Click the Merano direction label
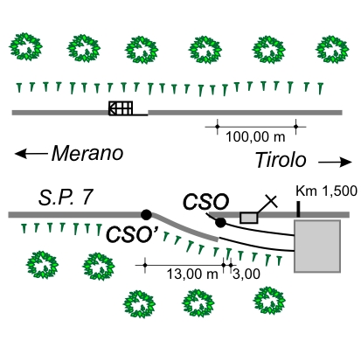click(87, 153)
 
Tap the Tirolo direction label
click(281, 160)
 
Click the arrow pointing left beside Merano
click(31, 153)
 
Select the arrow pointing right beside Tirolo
click(335, 163)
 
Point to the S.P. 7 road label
click(66, 198)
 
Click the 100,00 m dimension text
click(255, 137)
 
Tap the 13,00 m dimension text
click(192, 274)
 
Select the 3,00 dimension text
click(246, 274)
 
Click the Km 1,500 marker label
click(326, 191)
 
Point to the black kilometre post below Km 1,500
click(298, 210)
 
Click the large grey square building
click(317, 246)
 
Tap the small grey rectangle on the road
click(249, 218)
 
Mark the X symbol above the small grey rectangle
click(271, 201)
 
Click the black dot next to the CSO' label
click(146, 215)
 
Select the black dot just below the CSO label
click(220, 223)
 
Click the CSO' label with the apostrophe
click(132, 234)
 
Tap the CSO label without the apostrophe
click(205, 201)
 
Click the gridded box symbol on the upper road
click(121, 108)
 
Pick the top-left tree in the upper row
click(25, 46)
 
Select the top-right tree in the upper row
click(332, 50)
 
